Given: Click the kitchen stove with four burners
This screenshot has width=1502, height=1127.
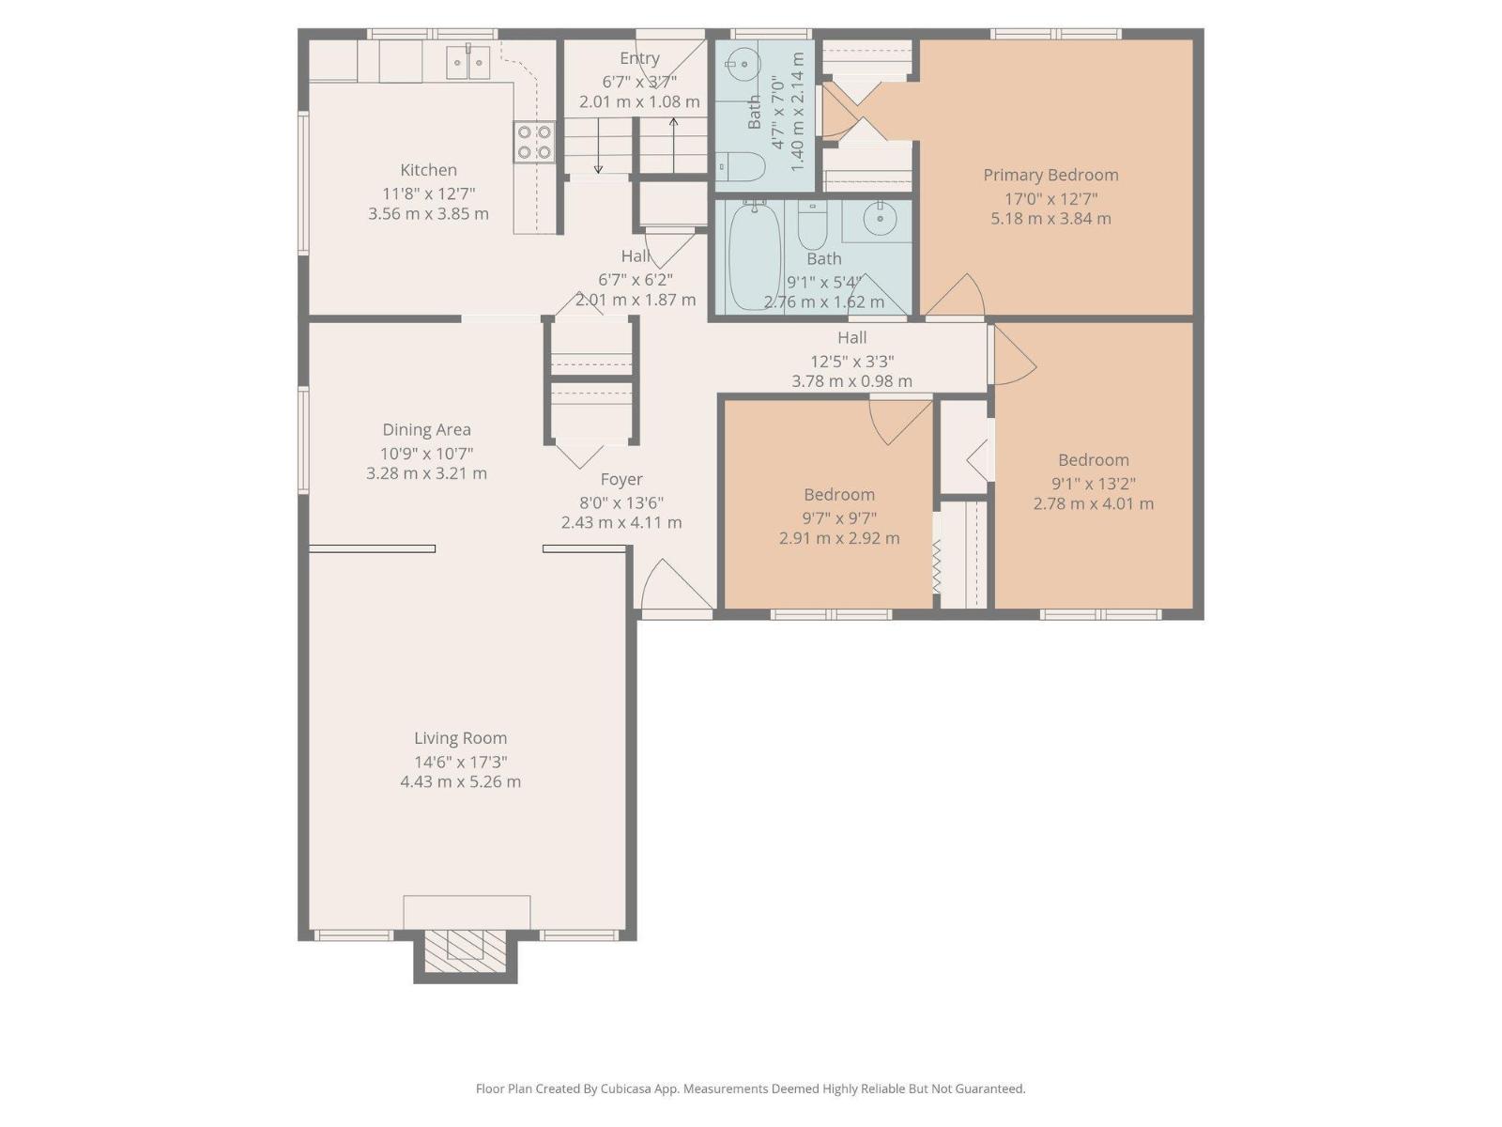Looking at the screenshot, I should pyautogui.click(x=534, y=142).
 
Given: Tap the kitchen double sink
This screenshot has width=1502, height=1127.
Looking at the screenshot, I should pyautogui.click(x=467, y=63).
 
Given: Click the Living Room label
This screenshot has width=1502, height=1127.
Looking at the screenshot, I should pyautogui.click(x=460, y=738).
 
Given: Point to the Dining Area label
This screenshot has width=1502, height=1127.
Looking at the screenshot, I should pyautogui.click(x=426, y=430).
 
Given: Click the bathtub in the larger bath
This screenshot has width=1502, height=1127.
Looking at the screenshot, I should pyautogui.click(x=755, y=255).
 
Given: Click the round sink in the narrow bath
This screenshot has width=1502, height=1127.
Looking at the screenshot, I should pyautogui.click(x=743, y=64).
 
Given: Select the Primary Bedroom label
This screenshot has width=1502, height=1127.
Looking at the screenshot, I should pyautogui.click(x=1050, y=175).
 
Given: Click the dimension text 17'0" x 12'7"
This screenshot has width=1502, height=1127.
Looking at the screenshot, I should pyautogui.click(x=1050, y=198).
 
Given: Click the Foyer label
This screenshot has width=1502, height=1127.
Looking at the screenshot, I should pyautogui.click(x=621, y=480).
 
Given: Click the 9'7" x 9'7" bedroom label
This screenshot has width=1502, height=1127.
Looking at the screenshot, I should pyautogui.click(x=839, y=495).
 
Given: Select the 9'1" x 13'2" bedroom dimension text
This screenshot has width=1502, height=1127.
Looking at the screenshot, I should pyautogui.click(x=1094, y=484).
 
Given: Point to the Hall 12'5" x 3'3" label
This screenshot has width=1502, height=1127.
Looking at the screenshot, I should pyautogui.click(x=851, y=338).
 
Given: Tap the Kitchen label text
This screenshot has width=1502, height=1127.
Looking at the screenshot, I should pyautogui.click(x=428, y=170).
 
